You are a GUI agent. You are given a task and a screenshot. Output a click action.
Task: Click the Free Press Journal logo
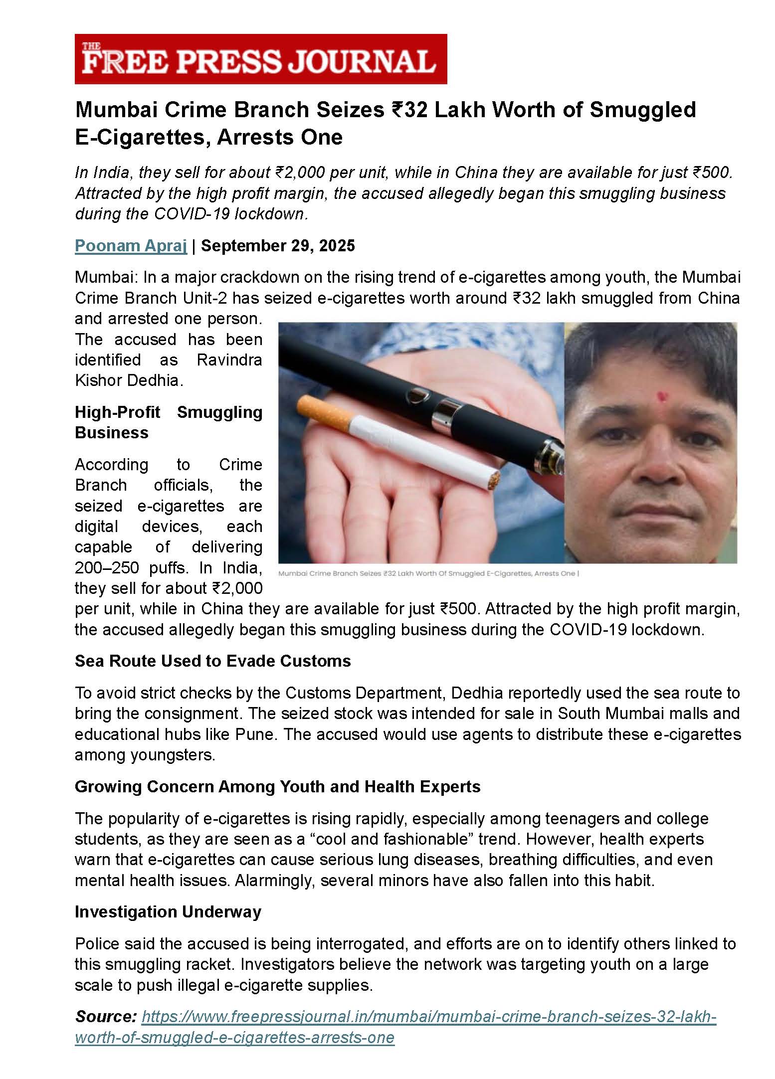(260, 59)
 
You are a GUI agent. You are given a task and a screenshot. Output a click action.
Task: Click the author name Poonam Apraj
(131, 246)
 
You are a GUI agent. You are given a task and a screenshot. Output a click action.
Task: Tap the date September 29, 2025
(278, 246)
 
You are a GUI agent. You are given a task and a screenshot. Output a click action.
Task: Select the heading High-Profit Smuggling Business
(168, 422)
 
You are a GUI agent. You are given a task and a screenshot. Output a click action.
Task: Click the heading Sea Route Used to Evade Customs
(213, 661)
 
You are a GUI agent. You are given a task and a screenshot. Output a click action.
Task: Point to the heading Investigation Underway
(168, 911)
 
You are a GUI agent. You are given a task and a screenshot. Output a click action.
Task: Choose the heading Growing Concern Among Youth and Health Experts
(277, 786)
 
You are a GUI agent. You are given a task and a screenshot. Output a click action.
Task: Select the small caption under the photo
(428, 574)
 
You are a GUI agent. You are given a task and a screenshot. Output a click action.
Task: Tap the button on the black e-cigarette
(418, 396)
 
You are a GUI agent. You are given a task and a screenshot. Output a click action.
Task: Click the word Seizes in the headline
(355, 110)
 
